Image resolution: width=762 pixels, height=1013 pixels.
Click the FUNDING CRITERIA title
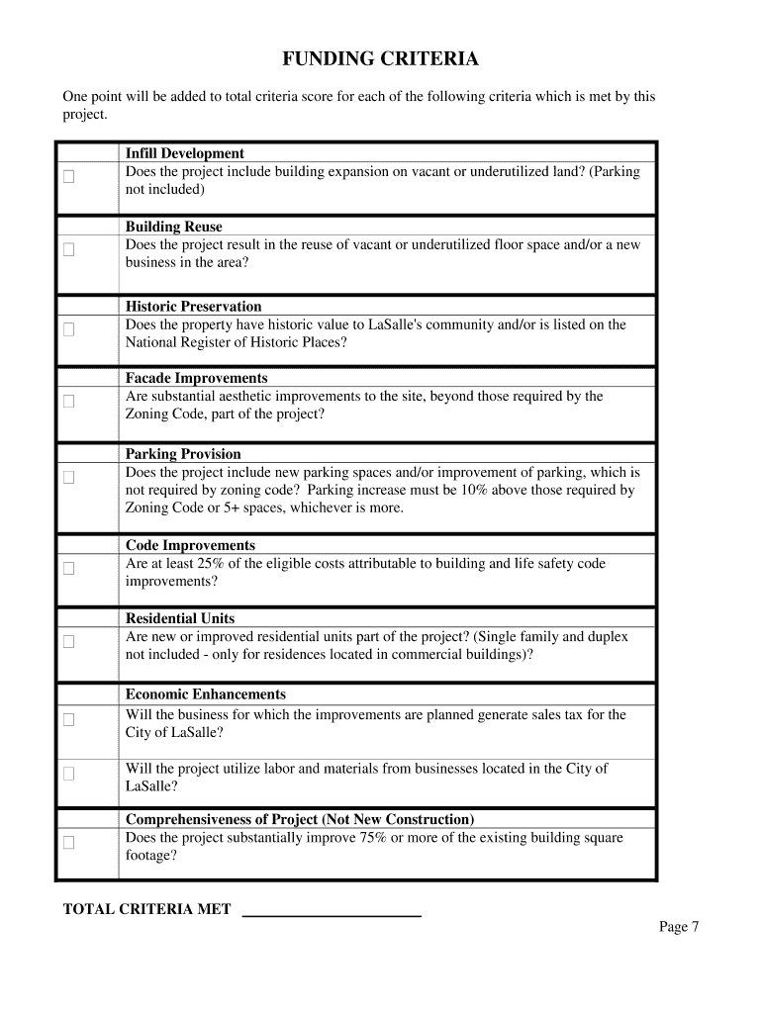coord(380,60)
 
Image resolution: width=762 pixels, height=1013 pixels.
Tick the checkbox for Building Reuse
coord(69,250)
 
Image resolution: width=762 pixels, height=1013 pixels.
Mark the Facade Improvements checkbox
coord(69,402)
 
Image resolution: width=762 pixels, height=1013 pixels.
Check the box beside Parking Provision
coord(69,478)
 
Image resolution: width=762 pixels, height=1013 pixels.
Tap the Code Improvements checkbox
coord(69,569)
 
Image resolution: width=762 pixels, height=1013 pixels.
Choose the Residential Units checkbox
coord(69,642)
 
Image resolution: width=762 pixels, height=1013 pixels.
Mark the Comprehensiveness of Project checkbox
coord(69,844)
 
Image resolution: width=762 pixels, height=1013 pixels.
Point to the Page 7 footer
coord(680,927)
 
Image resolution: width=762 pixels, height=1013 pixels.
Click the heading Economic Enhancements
coord(206,694)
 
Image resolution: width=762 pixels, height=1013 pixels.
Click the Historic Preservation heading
coord(194,307)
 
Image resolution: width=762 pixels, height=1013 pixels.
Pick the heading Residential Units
coord(180,619)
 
